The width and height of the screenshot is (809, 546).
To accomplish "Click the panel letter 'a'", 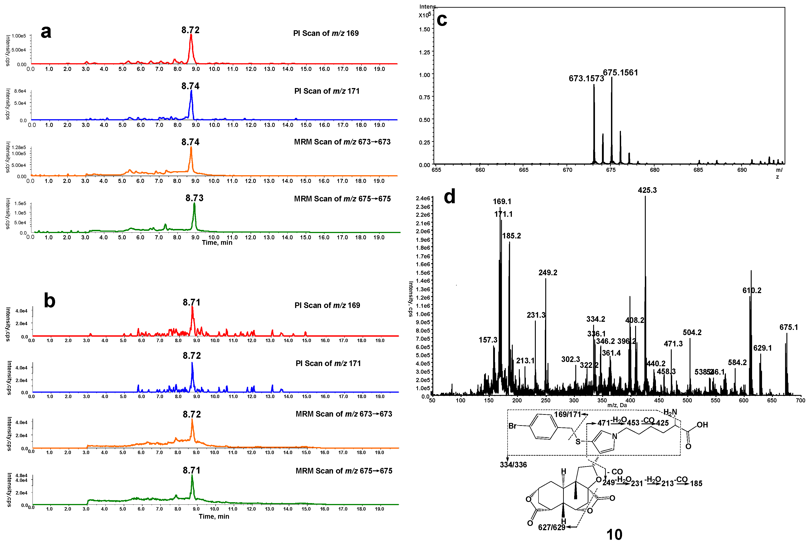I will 46,32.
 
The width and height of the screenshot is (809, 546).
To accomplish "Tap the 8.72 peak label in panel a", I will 190,30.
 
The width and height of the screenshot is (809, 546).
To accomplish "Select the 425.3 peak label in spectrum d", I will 647,190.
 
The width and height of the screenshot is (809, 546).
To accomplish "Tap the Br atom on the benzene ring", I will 512,426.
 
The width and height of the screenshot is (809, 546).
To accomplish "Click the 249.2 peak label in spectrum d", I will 548,273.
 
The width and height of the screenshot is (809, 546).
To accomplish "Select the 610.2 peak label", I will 752,290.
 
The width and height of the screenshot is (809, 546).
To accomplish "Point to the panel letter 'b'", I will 49,301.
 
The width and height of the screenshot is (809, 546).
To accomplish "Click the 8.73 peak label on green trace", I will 194,198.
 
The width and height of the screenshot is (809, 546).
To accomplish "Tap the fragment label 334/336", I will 513,464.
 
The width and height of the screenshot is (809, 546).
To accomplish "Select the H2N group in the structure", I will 670,412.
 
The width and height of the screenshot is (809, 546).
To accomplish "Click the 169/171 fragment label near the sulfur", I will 568,414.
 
